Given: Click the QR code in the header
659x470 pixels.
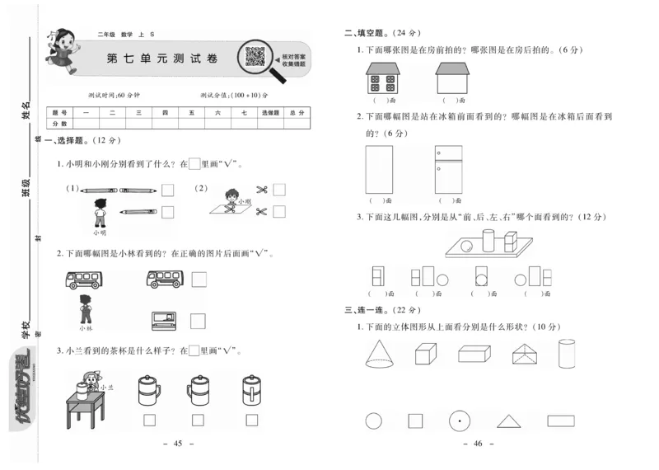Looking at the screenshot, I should [255, 58].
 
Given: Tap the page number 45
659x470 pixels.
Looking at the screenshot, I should [178, 444].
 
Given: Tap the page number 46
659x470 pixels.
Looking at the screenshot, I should [478, 444].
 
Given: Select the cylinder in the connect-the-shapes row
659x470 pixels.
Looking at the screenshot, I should [567, 354].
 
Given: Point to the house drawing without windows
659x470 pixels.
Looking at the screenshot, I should [450, 79].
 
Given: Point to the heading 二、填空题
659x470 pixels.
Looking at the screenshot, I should [381, 34].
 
